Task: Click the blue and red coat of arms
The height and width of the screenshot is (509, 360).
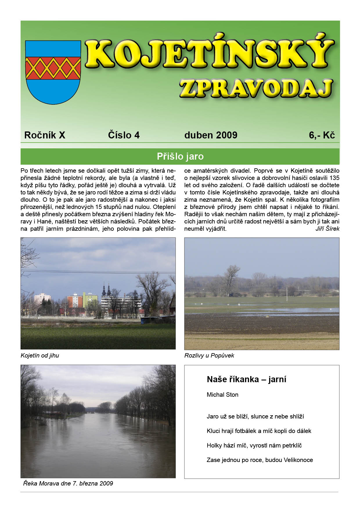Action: pos(53,72)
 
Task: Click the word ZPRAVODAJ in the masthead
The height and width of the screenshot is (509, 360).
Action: pos(256,88)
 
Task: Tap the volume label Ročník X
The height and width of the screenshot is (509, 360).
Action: pos(45,135)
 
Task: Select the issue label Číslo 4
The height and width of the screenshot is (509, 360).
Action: pos(124,135)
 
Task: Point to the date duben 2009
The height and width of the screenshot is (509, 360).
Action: pos(211,135)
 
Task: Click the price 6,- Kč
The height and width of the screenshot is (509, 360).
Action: pos(322,135)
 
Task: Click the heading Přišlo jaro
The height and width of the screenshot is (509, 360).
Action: pos(180,156)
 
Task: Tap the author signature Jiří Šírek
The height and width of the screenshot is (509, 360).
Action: pos(327,229)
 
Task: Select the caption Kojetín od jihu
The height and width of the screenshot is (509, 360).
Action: pos(40,355)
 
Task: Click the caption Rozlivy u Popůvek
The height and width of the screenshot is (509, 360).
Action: pos(209,355)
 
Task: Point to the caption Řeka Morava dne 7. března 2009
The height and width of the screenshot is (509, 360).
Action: pos(68,483)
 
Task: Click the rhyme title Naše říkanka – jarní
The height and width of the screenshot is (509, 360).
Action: pos(246,379)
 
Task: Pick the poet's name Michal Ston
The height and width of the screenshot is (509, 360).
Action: pos(222,395)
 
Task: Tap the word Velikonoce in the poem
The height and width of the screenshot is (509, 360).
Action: pos(298,460)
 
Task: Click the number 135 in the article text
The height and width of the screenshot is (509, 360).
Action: pos(334,178)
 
